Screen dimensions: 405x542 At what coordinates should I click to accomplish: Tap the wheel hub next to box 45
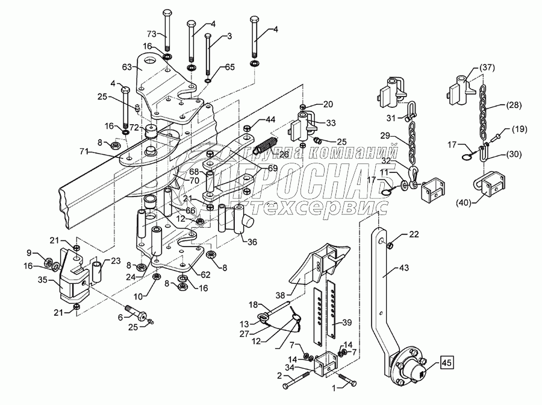click(x=411, y=367)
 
